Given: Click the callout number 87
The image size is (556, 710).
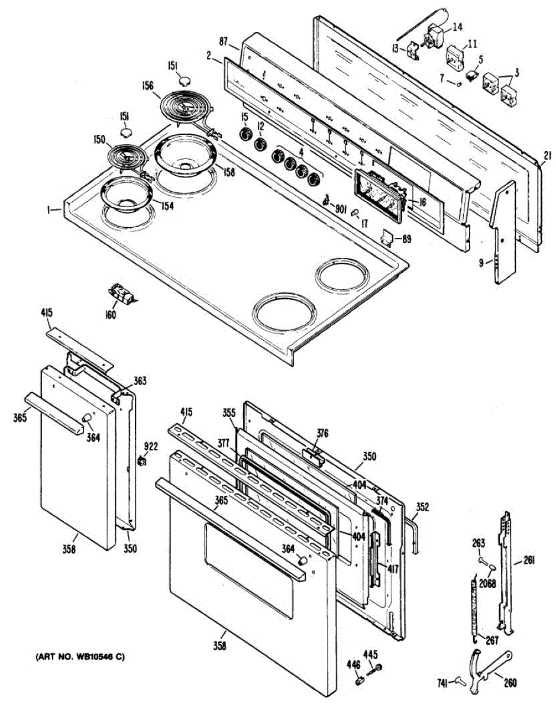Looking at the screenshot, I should (x=224, y=42).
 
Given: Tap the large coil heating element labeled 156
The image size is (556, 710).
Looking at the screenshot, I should (x=185, y=106).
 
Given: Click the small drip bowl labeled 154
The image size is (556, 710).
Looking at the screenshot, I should (x=126, y=194).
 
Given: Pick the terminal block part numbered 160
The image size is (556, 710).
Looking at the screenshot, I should (x=120, y=293).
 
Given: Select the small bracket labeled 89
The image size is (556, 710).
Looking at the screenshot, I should (x=387, y=237).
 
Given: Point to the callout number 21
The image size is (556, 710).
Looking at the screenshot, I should (x=546, y=156).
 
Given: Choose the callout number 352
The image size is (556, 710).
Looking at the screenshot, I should (x=422, y=506).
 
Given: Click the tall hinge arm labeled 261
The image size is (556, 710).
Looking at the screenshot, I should (x=505, y=568).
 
